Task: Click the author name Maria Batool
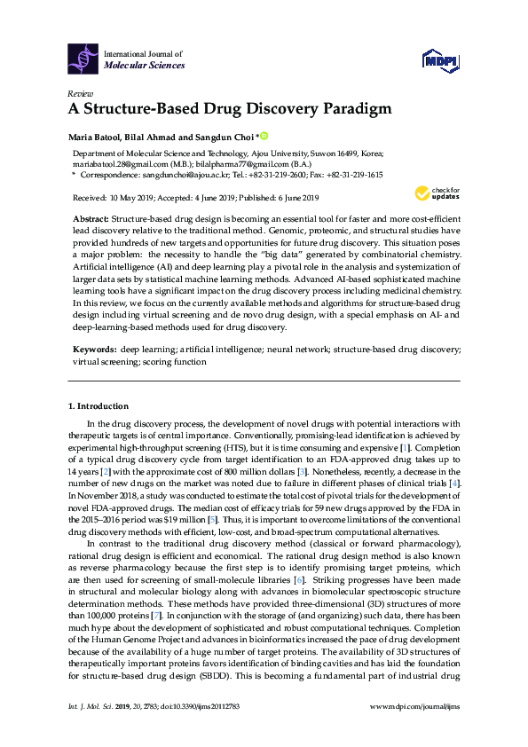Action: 97,138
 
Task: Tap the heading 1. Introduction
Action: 98,406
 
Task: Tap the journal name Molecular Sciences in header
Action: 145,65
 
